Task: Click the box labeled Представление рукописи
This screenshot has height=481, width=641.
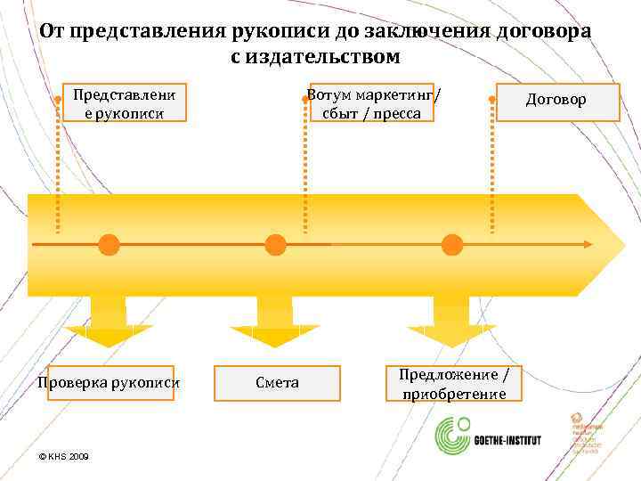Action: coord(124,102)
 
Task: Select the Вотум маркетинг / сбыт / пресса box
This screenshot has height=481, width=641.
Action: coord(371,102)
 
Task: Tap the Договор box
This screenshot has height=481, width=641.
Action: coord(556,101)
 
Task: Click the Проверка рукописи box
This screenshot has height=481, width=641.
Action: coord(108,383)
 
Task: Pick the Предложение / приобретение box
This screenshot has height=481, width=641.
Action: coord(454,383)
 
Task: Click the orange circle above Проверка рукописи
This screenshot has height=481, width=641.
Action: coord(109,244)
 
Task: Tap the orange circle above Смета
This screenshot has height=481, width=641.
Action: coord(276,244)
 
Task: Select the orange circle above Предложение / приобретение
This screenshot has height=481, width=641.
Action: coord(452,244)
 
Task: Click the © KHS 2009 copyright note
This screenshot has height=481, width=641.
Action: coord(65,456)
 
